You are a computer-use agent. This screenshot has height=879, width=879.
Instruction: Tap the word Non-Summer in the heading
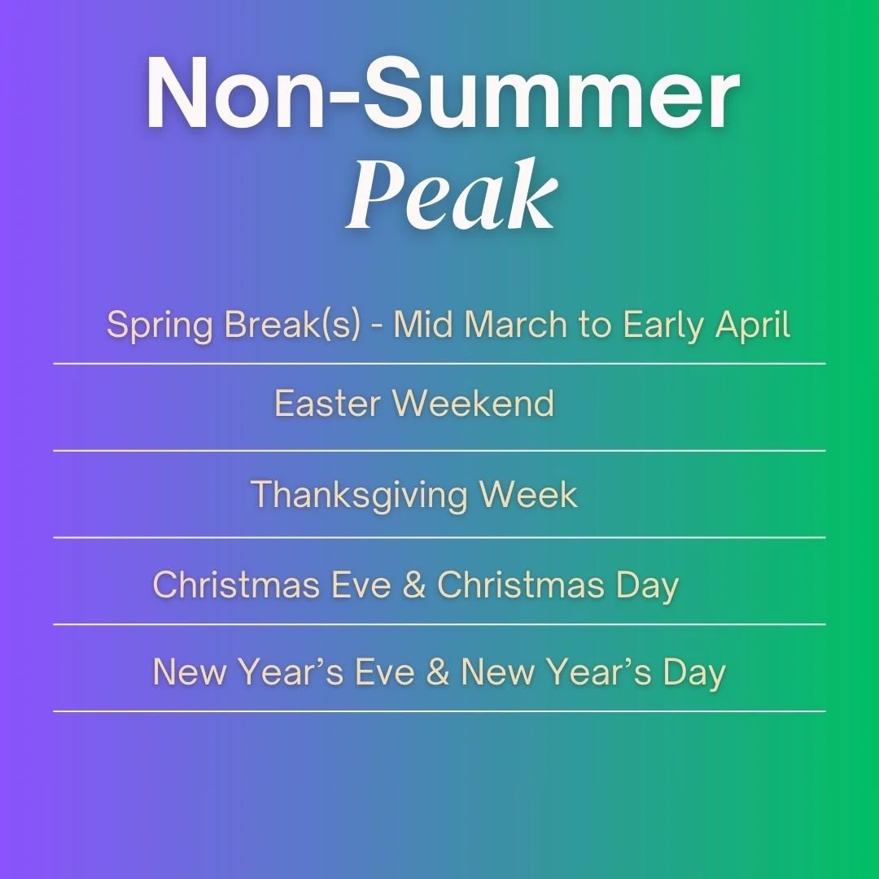click(x=442, y=95)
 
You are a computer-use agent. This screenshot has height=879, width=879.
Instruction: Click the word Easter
click(x=328, y=404)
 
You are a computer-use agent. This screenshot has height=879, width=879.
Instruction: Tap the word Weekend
click(x=474, y=404)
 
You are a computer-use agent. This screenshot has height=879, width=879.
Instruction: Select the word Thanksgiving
click(x=358, y=496)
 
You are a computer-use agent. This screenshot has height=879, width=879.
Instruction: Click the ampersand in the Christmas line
click(x=413, y=586)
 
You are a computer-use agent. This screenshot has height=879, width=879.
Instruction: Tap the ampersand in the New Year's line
click(x=437, y=673)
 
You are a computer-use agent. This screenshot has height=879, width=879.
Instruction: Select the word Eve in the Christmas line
click(x=363, y=586)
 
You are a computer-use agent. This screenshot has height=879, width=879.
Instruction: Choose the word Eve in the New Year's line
click(x=387, y=673)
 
